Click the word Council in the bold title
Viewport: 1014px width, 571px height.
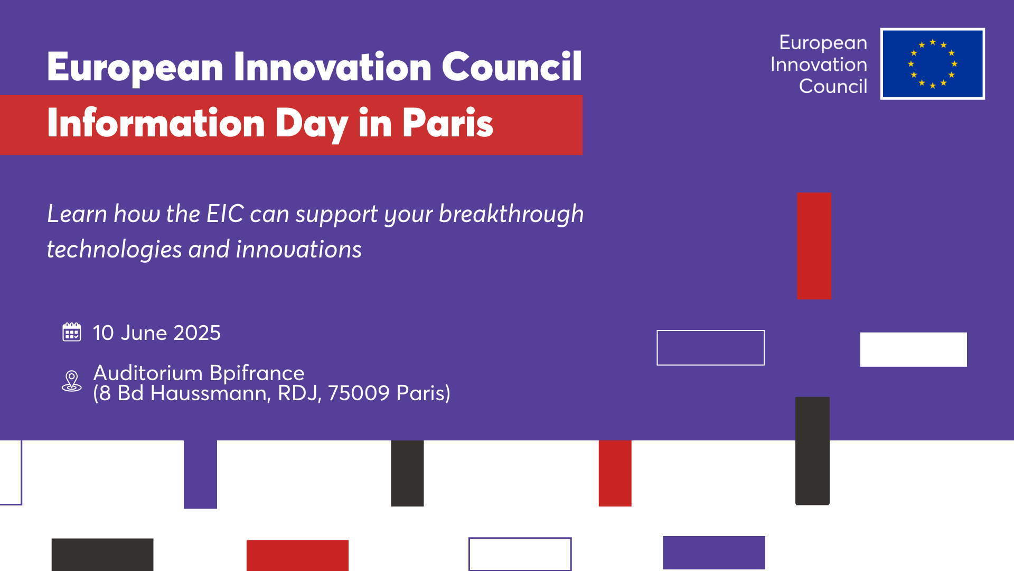coord(512,67)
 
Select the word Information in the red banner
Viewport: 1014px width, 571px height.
coord(156,123)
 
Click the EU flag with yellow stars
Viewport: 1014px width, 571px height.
coord(933,63)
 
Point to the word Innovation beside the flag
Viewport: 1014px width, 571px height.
coord(819,65)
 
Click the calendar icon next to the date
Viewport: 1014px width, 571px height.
coord(72,332)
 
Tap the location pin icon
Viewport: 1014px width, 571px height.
coord(72,381)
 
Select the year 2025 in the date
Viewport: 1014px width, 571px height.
coord(197,333)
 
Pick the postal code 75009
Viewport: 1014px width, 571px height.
coord(359,393)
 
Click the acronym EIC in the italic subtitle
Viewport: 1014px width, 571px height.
coord(226,214)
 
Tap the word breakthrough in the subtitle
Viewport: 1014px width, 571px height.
coord(511,214)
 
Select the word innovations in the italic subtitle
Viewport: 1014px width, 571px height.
coord(299,250)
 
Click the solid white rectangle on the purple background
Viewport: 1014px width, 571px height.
coord(914,349)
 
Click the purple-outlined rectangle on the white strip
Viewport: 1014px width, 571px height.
coord(520,539)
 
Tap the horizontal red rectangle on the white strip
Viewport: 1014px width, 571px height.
coord(297,555)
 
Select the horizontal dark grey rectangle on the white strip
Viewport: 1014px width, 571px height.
coord(102,555)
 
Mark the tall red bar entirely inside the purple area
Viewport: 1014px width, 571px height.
coord(814,246)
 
